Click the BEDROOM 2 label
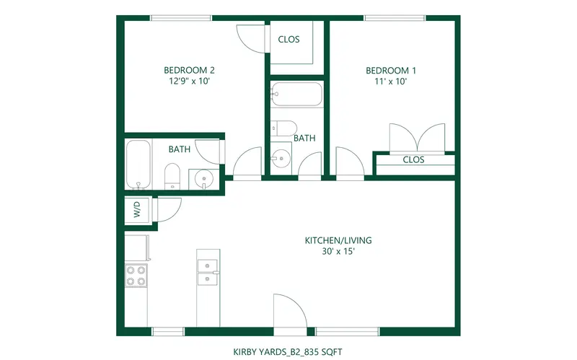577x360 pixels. [189, 70]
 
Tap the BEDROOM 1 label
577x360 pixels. [391, 70]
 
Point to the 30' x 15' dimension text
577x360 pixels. [338, 251]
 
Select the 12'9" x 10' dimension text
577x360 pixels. [189, 81]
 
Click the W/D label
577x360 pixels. [137, 209]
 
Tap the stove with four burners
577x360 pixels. [136, 276]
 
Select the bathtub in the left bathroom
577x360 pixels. [138, 164]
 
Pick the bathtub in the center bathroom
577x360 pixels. [296, 95]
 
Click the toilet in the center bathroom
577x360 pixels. [283, 128]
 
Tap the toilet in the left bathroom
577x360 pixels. [172, 176]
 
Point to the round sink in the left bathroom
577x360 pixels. [203, 179]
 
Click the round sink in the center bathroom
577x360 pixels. [281, 159]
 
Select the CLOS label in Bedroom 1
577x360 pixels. [413, 159]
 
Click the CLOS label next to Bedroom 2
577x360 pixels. [289, 40]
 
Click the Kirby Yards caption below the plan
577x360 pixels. [288, 352]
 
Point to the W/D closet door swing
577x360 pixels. [169, 210]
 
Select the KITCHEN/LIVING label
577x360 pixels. [338, 240]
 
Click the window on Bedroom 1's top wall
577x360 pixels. [395, 18]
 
